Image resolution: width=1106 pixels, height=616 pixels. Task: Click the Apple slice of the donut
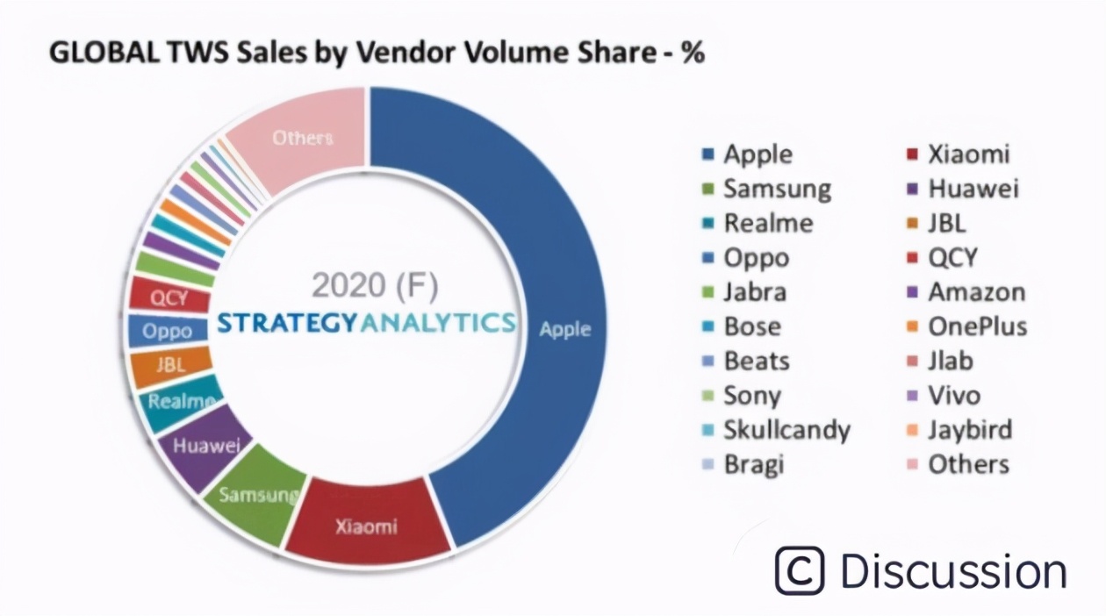click(x=562, y=329)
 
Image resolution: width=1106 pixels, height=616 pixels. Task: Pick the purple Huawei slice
click(x=205, y=446)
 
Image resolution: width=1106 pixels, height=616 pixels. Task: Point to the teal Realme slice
click(x=180, y=401)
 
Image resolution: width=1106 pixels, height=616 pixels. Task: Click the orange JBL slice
click(x=170, y=365)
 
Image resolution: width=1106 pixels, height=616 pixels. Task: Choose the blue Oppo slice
click(x=167, y=332)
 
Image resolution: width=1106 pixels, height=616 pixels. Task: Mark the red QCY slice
click(x=169, y=297)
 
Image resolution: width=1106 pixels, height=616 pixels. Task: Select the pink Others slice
click(x=301, y=139)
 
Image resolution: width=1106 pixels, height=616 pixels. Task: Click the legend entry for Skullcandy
click(x=786, y=430)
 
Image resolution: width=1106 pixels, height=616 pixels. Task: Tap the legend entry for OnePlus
click(x=977, y=326)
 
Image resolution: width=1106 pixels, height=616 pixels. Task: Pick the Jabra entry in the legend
click(x=755, y=292)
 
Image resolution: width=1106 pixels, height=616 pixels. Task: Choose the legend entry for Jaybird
click(x=970, y=430)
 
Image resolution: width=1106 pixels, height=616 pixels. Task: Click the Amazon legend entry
click(x=976, y=292)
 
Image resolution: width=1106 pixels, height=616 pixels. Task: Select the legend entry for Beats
click(x=756, y=361)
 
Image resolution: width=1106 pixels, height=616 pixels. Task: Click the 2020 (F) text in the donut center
click(x=375, y=285)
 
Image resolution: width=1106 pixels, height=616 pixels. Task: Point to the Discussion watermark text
click(x=953, y=571)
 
